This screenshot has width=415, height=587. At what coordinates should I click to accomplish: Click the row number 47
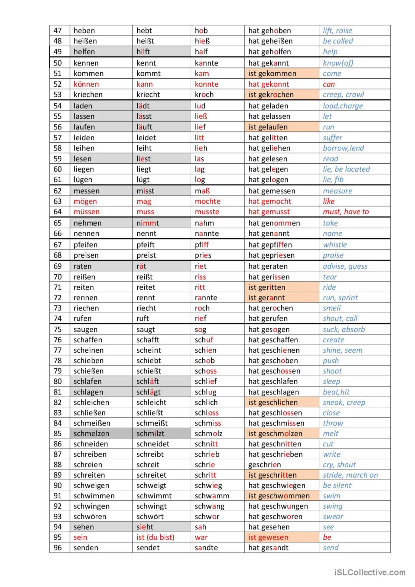[57, 31]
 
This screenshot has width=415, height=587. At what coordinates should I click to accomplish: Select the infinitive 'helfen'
[84, 52]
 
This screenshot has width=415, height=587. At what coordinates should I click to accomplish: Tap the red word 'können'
[86, 84]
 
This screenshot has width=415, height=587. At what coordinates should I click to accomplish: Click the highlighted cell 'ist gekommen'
[272, 73]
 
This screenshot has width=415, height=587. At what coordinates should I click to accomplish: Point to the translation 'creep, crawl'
[343, 95]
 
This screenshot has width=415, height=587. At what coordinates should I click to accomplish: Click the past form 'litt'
[199, 138]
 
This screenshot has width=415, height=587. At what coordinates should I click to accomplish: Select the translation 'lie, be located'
[346, 169]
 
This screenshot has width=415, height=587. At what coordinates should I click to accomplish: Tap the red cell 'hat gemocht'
[270, 201]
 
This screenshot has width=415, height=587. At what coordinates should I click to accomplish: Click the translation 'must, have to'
[346, 212]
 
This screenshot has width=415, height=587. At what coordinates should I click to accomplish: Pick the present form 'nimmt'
[148, 223]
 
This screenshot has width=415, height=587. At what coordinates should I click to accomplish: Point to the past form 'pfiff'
[202, 245]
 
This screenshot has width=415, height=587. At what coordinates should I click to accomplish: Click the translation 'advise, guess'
[345, 266]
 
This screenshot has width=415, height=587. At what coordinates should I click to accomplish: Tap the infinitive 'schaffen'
[88, 340]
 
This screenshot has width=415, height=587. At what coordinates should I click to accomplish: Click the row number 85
[57, 434]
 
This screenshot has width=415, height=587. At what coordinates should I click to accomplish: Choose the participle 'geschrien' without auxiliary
[264, 465]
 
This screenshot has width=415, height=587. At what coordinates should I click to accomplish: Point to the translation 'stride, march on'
[350, 475]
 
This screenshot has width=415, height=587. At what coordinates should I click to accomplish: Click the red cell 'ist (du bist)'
[155, 537]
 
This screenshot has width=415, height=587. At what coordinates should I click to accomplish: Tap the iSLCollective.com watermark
[370, 572]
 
